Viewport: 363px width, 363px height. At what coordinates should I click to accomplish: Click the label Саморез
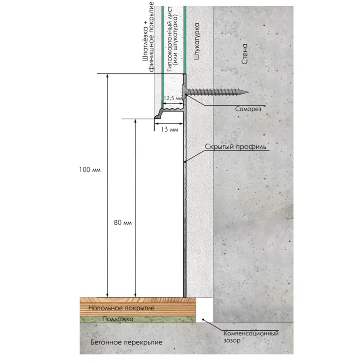point(248,109)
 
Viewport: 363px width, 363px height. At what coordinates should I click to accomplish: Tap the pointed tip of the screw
point(248,92)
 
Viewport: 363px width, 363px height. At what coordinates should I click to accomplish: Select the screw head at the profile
point(185,92)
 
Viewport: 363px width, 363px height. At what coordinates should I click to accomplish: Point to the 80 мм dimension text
point(123,223)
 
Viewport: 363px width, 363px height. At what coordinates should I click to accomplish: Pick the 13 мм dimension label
point(170,130)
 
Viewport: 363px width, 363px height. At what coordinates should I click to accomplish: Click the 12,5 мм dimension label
point(173,98)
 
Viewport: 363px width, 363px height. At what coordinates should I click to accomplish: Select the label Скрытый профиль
point(236,147)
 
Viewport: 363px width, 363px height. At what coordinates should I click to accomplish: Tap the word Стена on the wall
point(244,54)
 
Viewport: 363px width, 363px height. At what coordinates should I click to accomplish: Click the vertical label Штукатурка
point(196,41)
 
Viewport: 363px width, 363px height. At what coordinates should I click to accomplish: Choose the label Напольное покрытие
point(121,308)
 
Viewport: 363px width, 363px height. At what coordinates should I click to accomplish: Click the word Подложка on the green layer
point(118,319)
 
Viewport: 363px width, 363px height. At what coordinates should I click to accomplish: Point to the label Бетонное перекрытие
point(126,342)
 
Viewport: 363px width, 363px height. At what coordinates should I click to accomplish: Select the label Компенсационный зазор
point(251,337)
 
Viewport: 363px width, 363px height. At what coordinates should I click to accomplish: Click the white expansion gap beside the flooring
point(205,310)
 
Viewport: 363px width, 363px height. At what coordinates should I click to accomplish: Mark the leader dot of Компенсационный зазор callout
point(203,319)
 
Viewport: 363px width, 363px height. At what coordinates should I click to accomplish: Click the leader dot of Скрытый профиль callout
point(185,162)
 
